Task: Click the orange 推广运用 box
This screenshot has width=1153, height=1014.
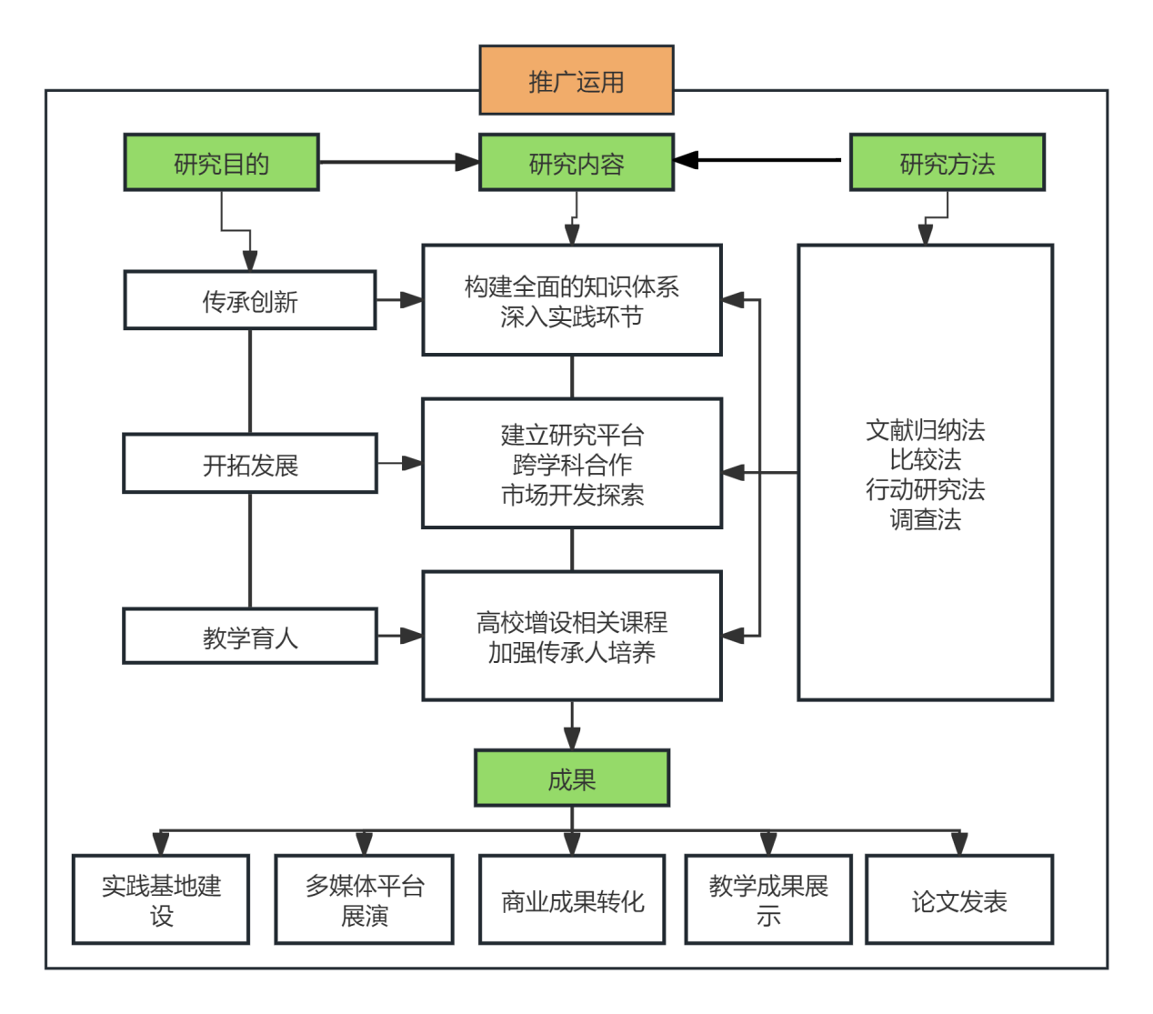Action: coord(576,81)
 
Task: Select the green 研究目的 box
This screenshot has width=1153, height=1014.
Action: coord(221,163)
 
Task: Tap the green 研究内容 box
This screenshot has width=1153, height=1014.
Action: coord(576,163)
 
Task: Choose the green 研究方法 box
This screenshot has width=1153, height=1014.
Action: coord(947,163)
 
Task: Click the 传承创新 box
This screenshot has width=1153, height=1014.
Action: coord(250,301)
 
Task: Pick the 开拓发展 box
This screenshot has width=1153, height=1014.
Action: coord(250,465)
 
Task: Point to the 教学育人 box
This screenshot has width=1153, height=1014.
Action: coord(250,637)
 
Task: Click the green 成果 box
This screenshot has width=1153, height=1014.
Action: coord(572,778)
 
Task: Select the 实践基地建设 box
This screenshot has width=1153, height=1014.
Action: coord(161,899)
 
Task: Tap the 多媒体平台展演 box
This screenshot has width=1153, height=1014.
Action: coord(365,899)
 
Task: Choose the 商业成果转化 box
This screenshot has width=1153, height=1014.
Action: coord(572,900)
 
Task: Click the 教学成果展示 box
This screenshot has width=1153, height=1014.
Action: coord(768,899)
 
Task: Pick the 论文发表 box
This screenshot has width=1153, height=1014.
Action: coord(959,900)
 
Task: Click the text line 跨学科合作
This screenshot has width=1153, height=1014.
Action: coord(572,465)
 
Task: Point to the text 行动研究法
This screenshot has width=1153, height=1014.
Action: coord(925,489)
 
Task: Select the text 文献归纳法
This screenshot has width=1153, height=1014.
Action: coord(925,429)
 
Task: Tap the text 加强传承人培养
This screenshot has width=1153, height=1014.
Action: coord(572,652)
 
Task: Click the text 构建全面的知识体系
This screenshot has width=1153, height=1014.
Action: coord(572,286)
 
